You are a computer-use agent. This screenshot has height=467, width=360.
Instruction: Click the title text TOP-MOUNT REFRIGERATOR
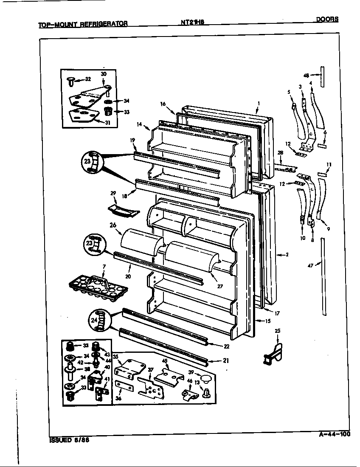pyautogui.click(x=83, y=24)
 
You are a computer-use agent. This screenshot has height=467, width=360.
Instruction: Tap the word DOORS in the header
pyautogui.click(x=327, y=19)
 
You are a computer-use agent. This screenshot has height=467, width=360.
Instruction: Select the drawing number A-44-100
pyautogui.click(x=334, y=434)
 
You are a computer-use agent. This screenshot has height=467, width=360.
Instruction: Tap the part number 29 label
pyautogui.click(x=113, y=193)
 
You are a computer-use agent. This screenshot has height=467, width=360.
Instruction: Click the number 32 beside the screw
pyautogui.click(x=88, y=79)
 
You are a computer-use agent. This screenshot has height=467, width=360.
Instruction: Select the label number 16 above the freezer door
pyautogui.click(x=163, y=104)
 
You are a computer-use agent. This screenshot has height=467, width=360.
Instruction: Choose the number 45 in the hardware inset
pyautogui.click(x=164, y=362)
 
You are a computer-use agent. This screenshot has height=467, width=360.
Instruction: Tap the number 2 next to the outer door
pyautogui.click(x=287, y=255)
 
